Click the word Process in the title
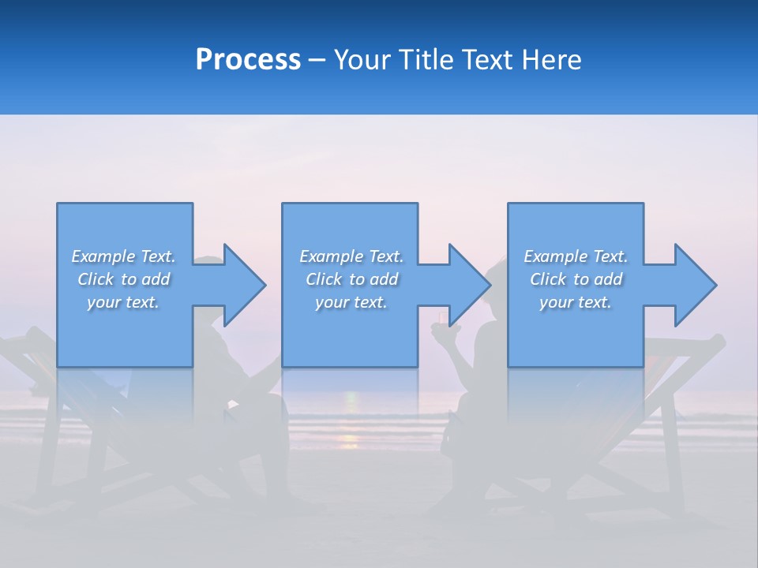[x=248, y=60]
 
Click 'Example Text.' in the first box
[x=123, y=256]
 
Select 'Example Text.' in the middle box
[x=351, y=256]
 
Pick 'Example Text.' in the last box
[x=576, y=256]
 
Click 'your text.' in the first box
[x=123, y=302]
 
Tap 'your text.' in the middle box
[x=351, y=302]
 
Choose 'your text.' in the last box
[x=576, y=302]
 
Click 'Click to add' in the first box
[x=123, y=279]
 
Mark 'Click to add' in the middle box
[x=351, y=279]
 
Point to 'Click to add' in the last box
[x=576, y=279]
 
